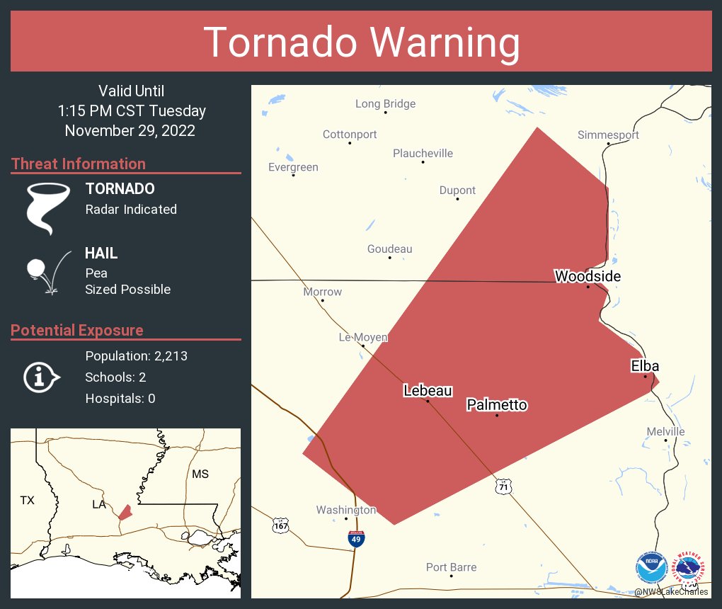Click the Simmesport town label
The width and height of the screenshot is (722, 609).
click(608, 135)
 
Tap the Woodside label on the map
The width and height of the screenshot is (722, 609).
click(588, 276)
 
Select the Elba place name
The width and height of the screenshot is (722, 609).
click(645, 366)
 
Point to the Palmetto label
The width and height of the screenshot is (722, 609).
click(497, 405)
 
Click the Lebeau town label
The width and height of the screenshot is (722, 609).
click(428, 390)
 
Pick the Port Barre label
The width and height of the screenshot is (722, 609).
click(451, 567)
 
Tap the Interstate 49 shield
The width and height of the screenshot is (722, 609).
click(357, 540)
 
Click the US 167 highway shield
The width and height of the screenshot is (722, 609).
click(280, 525)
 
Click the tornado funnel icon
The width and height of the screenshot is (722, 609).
click(47, 207)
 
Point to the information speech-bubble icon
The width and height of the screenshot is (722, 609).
click(42, 377)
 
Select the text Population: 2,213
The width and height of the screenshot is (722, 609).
click(136, 356)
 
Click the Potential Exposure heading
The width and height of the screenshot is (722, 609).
click(77, 331)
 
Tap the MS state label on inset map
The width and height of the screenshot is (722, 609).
click(200, 474)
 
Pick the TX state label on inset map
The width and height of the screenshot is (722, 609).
click(27, 501)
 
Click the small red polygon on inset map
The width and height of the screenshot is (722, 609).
click(125, 512)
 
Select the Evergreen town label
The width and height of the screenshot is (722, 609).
click(293, 168)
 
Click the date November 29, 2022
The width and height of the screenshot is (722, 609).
click(130, 131)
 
